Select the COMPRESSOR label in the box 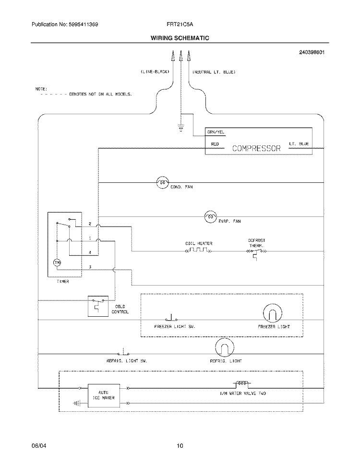pos(256,148)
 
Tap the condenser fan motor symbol pos(162,182)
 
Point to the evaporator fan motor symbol pos(210,217)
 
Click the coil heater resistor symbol pos(199,251)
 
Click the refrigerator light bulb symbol pos(223,347)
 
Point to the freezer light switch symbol pos(171,318)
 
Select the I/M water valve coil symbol pos(240,384)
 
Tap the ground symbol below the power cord pos(180,128)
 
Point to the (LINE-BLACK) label pos(155,72)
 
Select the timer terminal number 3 pos(90,266)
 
